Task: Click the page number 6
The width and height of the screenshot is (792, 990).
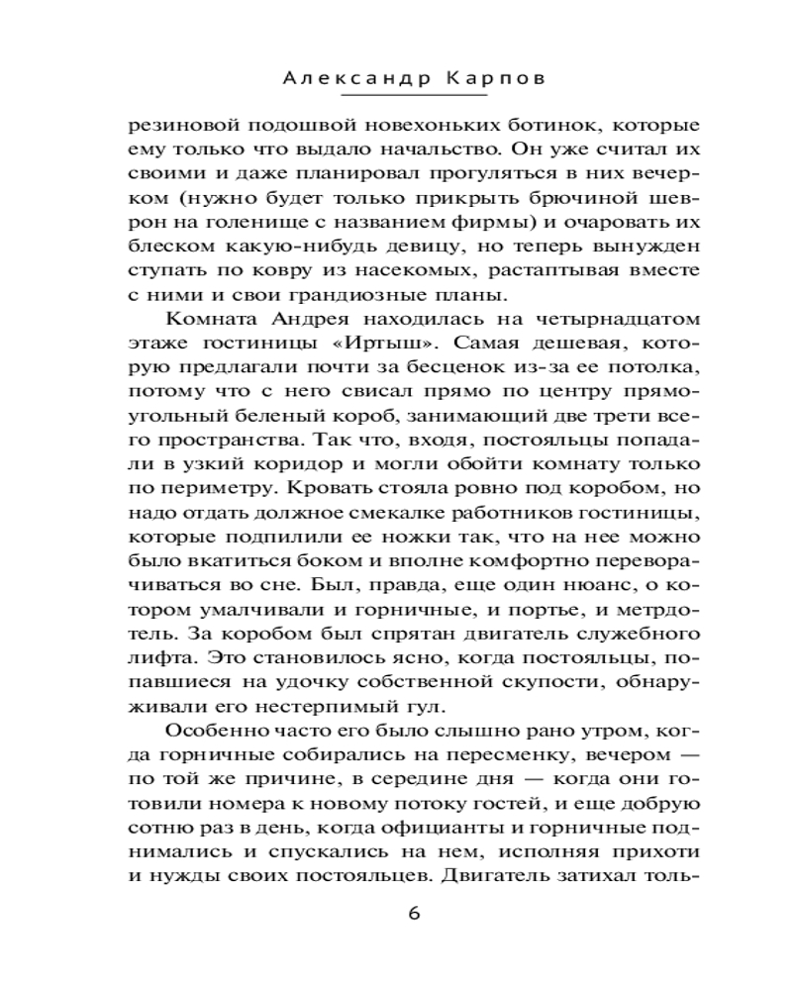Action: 414,913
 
